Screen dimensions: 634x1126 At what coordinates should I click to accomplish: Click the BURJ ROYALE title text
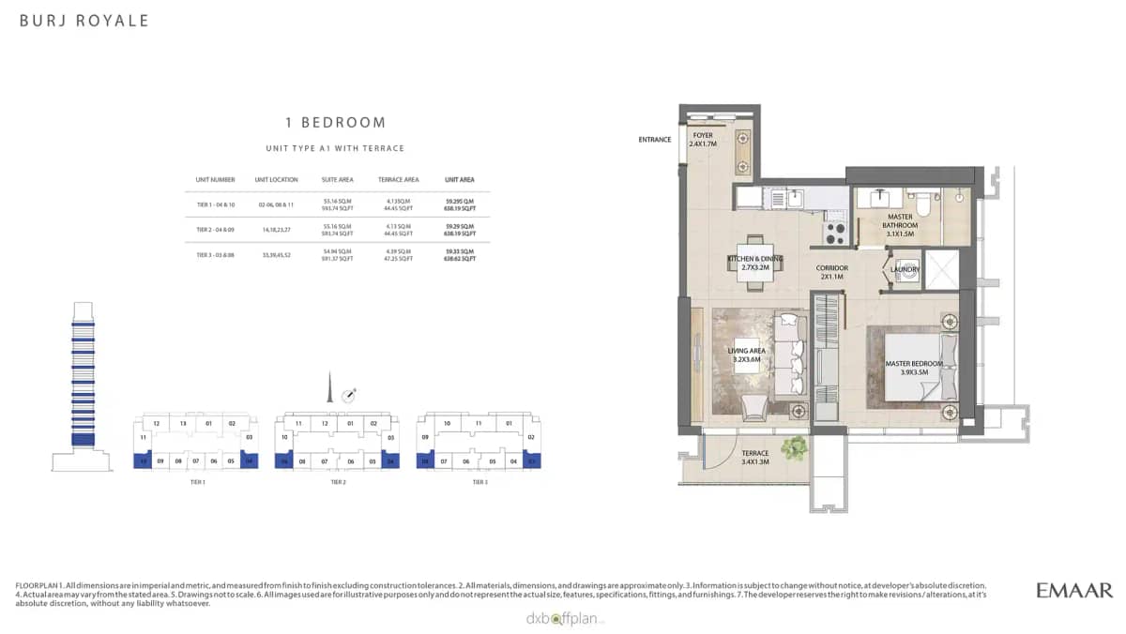point(84,21)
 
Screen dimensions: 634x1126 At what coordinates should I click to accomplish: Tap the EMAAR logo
point(1074,590)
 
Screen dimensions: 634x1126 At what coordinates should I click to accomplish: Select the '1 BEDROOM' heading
point(335,123)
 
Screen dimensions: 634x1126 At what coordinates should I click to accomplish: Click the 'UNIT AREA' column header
point(459,179)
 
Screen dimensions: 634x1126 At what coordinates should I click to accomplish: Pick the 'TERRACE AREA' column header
point(398,179)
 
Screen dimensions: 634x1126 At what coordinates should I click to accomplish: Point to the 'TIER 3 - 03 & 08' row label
point(215,255)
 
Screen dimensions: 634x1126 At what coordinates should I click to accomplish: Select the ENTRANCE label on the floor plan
point(654,140)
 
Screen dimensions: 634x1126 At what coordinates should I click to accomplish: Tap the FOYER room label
point(703,140)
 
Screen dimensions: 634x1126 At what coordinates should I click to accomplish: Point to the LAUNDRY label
point(905,269)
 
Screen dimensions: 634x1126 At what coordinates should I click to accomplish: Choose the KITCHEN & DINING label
point(755,264)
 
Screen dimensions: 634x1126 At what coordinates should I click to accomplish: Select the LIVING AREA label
point(747,355)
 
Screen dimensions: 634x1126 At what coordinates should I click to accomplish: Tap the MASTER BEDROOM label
point(912,368)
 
